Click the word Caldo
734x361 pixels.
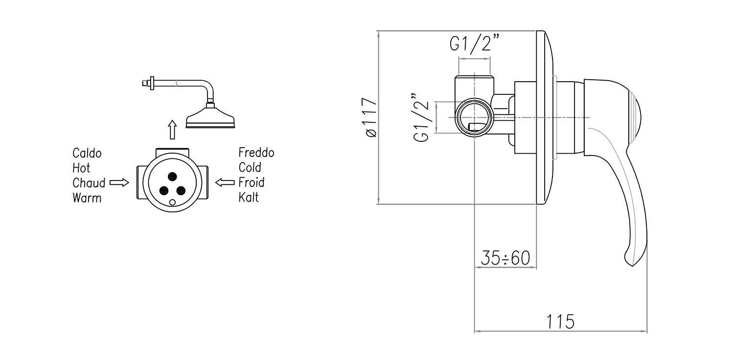coord(87,153)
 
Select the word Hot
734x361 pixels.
coord(81,168)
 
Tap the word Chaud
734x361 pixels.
coord(89,183)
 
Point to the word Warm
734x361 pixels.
coord(87,198)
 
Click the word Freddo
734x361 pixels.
coord(256,152)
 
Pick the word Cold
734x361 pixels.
coord(250,167)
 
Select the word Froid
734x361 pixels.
coord(252,182)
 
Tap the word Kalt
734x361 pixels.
coord(249,197)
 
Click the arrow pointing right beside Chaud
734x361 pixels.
coord(119,182)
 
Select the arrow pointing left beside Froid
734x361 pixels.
coord(225,182)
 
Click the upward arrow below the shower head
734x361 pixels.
coord(172,130)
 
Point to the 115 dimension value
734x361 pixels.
coord(560,322)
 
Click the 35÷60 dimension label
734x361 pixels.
coord(505,258)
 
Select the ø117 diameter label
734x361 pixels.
coord(370,117)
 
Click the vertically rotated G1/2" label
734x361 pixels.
coord(421,118)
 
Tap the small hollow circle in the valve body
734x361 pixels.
coord(172,203)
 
